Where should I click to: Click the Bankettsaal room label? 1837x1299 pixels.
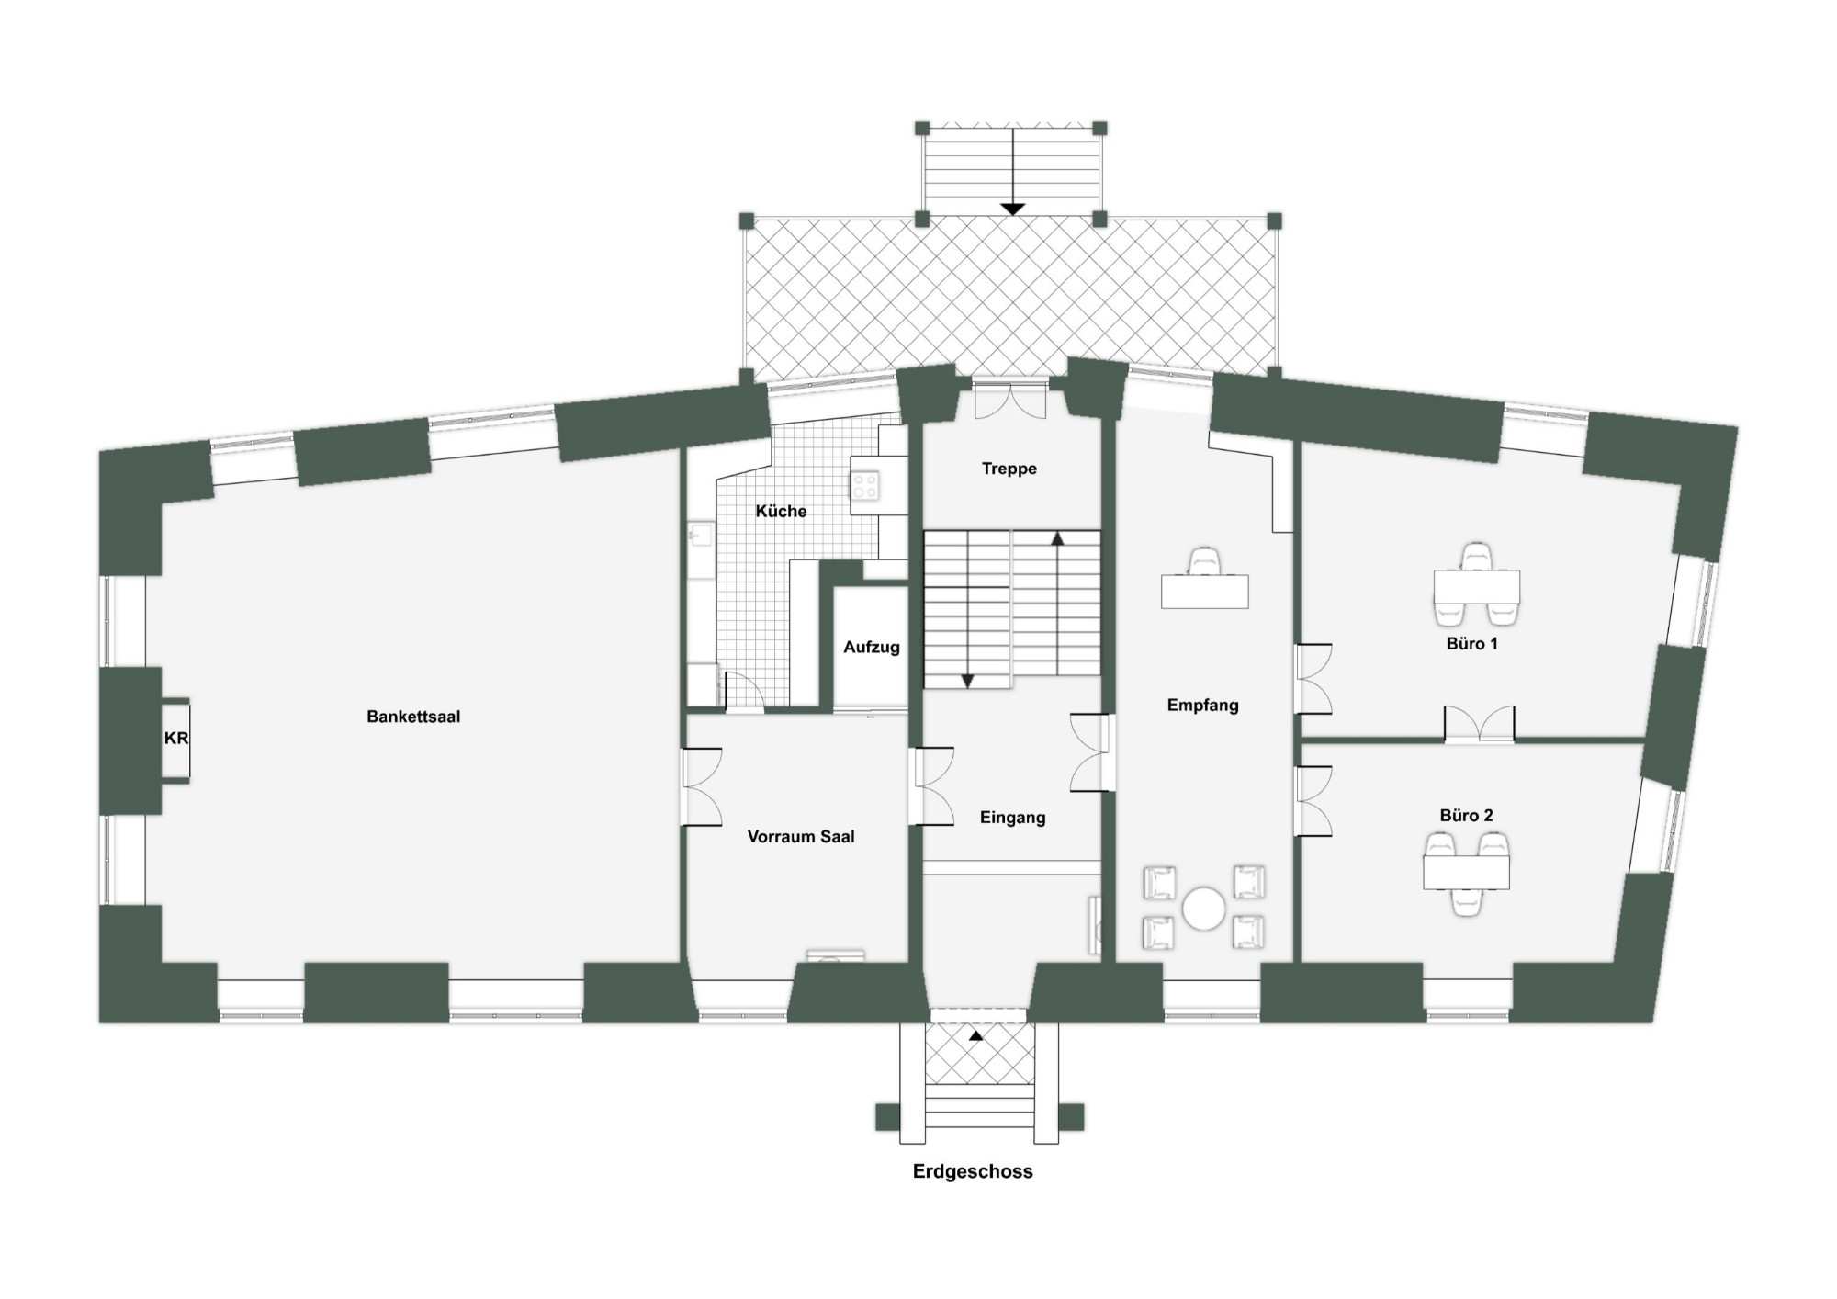413,717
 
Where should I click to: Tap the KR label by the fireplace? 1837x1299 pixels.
176,739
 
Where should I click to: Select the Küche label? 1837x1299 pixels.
781,511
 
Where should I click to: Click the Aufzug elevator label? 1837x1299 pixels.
872,648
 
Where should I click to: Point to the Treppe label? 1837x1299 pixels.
1009,469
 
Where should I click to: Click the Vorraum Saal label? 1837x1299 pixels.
801,837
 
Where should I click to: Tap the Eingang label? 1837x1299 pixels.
1012,818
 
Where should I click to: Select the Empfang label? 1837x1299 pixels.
1202,706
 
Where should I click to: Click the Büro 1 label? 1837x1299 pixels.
1471,644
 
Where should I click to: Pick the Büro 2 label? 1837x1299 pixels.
1466,816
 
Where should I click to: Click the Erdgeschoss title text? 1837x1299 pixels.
973,1171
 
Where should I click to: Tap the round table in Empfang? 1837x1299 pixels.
1203,909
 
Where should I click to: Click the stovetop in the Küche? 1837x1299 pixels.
864,485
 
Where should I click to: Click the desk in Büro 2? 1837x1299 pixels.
1466,872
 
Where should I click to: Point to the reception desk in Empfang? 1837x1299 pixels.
1204,592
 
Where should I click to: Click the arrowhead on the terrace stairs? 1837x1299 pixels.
1012,209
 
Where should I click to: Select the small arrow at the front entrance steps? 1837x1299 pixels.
975,1035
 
